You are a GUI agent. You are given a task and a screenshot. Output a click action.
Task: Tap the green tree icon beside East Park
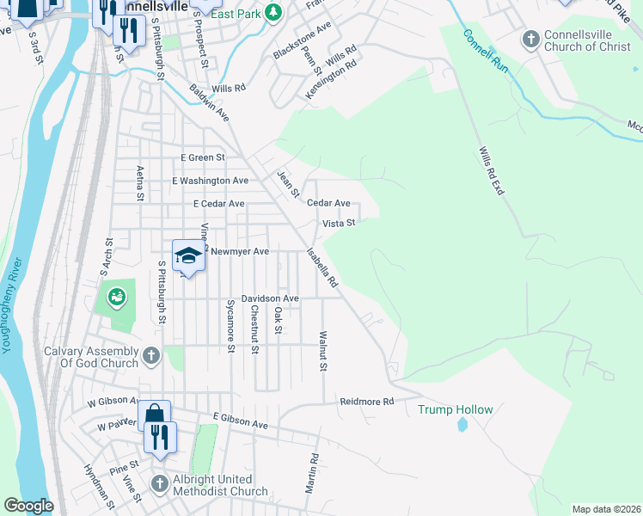[273, 12]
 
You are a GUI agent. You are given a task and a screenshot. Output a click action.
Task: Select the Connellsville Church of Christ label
[587, 40]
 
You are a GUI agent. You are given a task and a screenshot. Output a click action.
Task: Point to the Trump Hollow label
[455, 409]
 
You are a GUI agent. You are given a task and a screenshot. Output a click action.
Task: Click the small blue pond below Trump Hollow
[463, 425]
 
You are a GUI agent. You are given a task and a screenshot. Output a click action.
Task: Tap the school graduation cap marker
[187, 255]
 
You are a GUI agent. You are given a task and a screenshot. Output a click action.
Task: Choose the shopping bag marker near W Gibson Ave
[154, 415]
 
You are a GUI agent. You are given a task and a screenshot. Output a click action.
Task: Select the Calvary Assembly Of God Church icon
[151, 355]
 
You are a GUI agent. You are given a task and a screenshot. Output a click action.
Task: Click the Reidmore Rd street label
[366, 402]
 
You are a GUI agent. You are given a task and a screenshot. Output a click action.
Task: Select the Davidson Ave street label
[269, 298]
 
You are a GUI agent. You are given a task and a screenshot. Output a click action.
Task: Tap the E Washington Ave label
[210, 181]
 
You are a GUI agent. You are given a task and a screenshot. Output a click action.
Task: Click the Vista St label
[339, 223]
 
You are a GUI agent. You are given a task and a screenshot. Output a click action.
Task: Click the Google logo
[28, 506]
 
